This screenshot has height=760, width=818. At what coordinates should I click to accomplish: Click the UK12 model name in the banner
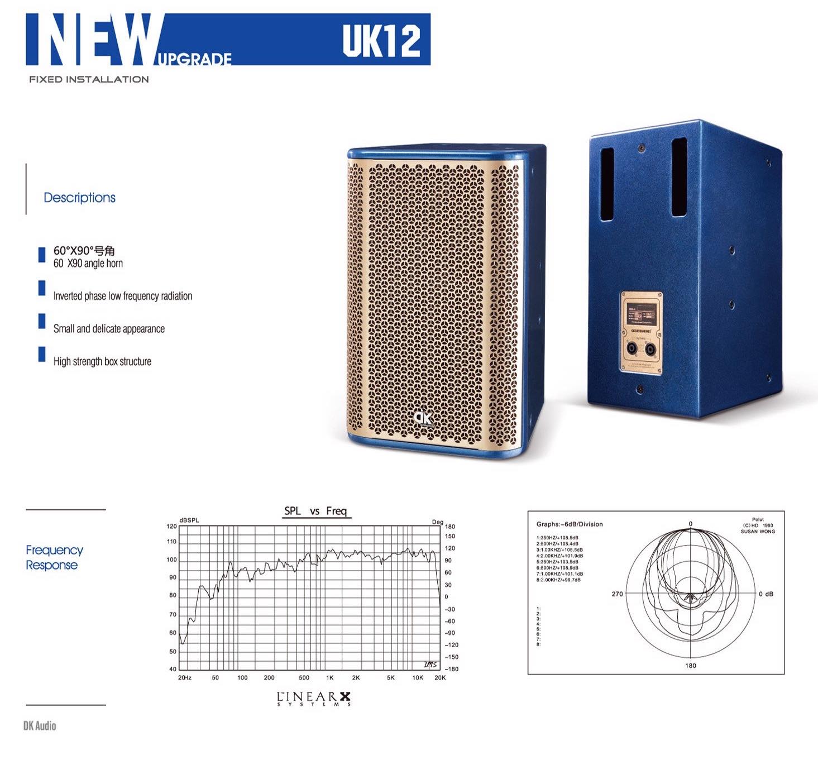pyautogui.click(x=381, y=40)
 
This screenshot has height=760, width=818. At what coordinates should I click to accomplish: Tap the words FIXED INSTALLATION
pyautogui.click(x=89, y=79)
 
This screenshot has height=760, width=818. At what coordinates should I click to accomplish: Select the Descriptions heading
pyautogui.click(x=79, y=197)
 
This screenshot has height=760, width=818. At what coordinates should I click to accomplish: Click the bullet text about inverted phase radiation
pyautogui.click(x=122, y=296)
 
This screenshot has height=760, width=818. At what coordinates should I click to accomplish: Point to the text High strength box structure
pyautogui.click(x=102, y=361)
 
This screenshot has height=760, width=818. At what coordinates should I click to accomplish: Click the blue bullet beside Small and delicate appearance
pyautogui.click(x=42, y=321)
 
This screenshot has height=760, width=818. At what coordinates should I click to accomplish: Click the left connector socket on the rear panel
pyautogui.click(x=631, y=350)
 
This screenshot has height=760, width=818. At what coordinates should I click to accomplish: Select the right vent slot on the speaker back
pyautogui.click(x=679, y=177)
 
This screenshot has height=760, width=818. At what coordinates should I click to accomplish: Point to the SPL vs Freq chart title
pyautogui.click(x=315, y=511)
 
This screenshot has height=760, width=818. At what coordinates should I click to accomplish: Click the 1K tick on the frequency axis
pyautogui.click(x=329, y=678)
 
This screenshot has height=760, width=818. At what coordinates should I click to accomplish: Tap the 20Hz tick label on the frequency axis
pyautogui.click(x=184, y=678)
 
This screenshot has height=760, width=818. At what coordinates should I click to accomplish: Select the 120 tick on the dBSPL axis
pyautogui.click(x=171, y=526)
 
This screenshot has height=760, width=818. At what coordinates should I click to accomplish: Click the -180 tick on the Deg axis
pyautogui.click(x=451, y=669)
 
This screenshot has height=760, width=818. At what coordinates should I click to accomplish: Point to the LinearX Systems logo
pyautogui.click(x=314, y=699)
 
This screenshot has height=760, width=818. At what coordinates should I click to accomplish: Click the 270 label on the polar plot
pyautogui.click(x=617, y=594)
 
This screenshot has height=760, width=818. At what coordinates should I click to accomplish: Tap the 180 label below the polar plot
pyautogui.click(x=691, y=666)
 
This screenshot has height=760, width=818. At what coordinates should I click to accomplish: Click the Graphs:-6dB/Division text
pyautogui.click(x=570, y=524)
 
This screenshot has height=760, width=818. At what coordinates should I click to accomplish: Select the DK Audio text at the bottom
pyautogui.click(x=40, y=726)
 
